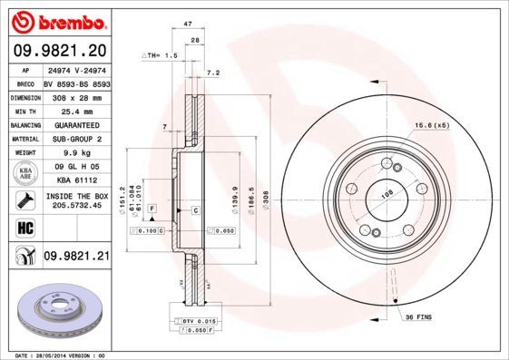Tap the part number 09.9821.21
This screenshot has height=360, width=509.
[75, 257]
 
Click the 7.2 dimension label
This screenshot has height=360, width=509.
[214, 72]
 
